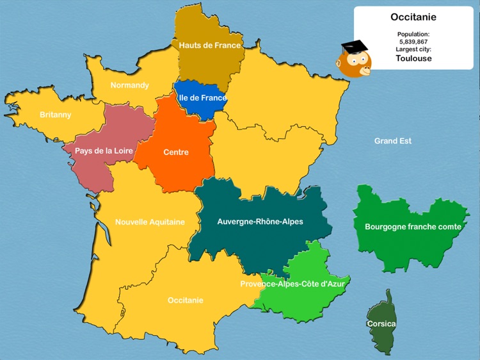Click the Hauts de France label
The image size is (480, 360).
(x=210, y=45)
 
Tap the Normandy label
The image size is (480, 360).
(x=129, y=85)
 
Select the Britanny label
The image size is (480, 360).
(x=56, y=115)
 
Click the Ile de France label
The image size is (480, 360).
(x=203, y=98)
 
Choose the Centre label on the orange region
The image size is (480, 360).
(x=176, y=152)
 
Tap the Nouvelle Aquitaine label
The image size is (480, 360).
(x=150, y=222)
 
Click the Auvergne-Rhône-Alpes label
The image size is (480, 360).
(x=260, y=222)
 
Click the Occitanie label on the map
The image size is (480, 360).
(x=186, y=300)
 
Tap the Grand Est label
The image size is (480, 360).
(x=393, y=141)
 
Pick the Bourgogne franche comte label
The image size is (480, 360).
(x=413, y=227)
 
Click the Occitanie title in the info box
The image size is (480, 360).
(x=413, y=17)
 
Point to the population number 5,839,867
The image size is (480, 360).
(x=413, y=41)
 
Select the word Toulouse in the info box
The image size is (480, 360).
(x=413, y=58)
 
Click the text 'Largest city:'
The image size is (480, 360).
(x=413, y=49)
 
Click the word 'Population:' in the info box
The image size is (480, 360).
(x=413, y=33)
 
